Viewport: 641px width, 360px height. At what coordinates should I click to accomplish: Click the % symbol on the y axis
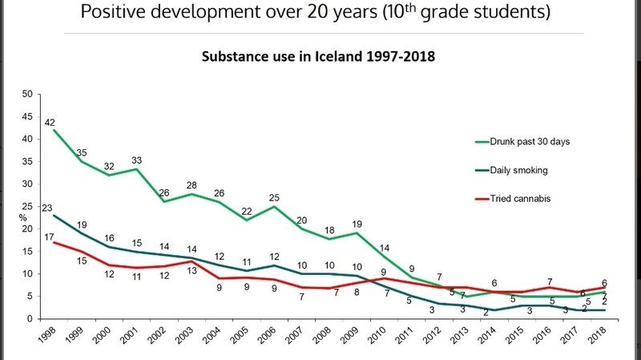25,217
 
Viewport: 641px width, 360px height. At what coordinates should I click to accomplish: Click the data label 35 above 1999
82,152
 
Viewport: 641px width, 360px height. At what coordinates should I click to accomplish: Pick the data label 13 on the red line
191,270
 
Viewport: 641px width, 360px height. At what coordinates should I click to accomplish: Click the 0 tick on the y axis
29,319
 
